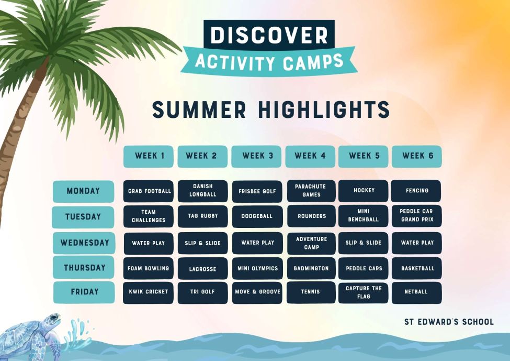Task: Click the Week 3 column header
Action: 256,156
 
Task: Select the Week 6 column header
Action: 417,156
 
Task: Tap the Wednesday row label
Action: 84,243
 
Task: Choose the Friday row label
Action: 84,292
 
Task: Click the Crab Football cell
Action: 149,191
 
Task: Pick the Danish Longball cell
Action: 202,191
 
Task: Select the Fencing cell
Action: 416,191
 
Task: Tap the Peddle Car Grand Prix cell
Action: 417,216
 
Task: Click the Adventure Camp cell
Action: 311,244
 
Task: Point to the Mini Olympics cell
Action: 257,268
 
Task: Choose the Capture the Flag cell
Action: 364,292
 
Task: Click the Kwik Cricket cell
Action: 149,292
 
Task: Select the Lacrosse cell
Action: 202,268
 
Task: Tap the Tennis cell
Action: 311,292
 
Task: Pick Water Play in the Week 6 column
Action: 417,243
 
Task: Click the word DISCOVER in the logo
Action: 269,35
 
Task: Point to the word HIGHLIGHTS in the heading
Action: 324,110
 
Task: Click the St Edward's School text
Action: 449,322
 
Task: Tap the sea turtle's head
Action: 51,320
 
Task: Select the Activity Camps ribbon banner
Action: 269,62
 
